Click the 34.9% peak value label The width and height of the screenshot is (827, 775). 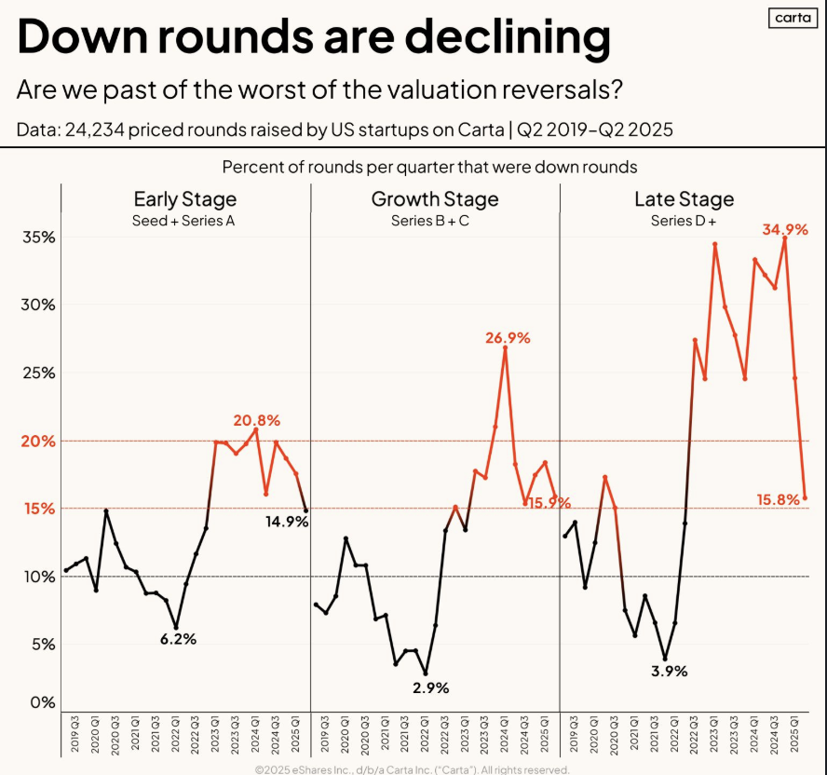tap(784, 229)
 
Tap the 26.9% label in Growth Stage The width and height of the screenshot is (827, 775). tap(507, 338)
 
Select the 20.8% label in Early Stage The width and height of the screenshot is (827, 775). tap(257, 420)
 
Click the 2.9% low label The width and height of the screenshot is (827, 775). tap(430, 687)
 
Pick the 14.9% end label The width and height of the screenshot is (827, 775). tap(285, 522)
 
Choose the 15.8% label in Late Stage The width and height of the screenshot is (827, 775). tap(779, 499)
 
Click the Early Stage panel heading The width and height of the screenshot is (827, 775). tap(184, 199)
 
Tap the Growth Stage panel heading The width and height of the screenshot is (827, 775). tap(435, 199)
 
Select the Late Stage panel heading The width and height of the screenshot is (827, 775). tap(684, 199)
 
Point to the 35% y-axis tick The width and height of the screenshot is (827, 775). tap(38, 238)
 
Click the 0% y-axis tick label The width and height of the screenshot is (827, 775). tap(43, 703)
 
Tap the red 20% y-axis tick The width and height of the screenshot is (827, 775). tap(38, 441)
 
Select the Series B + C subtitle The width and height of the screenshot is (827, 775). tap(435, 221)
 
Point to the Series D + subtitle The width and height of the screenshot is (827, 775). tap(684, 221)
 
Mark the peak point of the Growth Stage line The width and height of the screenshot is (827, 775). tap(505, 348)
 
